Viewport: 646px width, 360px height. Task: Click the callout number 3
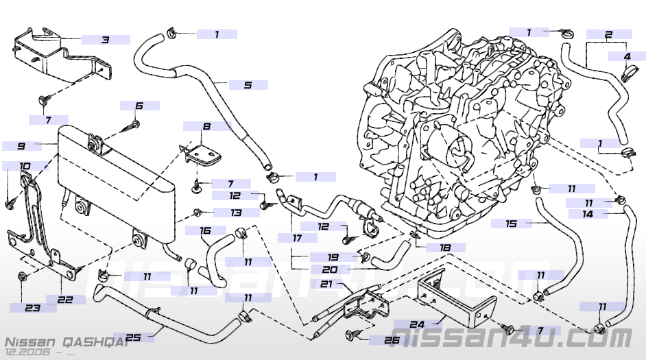pyautogui.click(x=105, y=40)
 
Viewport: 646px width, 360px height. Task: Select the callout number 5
pyautogui.click(x=248, y=85)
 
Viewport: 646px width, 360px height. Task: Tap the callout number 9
pyautogui.click(x=21, y=146)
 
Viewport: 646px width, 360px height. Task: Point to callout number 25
pyautogui.click(x=134, y=337)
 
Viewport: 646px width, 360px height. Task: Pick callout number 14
pyautogui.click(x=588, y=214)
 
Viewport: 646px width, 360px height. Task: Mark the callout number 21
pyautogui.click(x=326, y=284)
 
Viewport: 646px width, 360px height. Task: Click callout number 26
pyautogui.click(x=391, y=339)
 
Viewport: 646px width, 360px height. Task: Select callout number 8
pyautogui.click(x=206, y=126)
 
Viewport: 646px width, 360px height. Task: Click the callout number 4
pyautogui.click(x=627, y=56)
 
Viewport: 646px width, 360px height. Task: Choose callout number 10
pyautogui.click(x=25, y=166)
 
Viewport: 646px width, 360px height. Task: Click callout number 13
pyautogui.click(x=235, y=213)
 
